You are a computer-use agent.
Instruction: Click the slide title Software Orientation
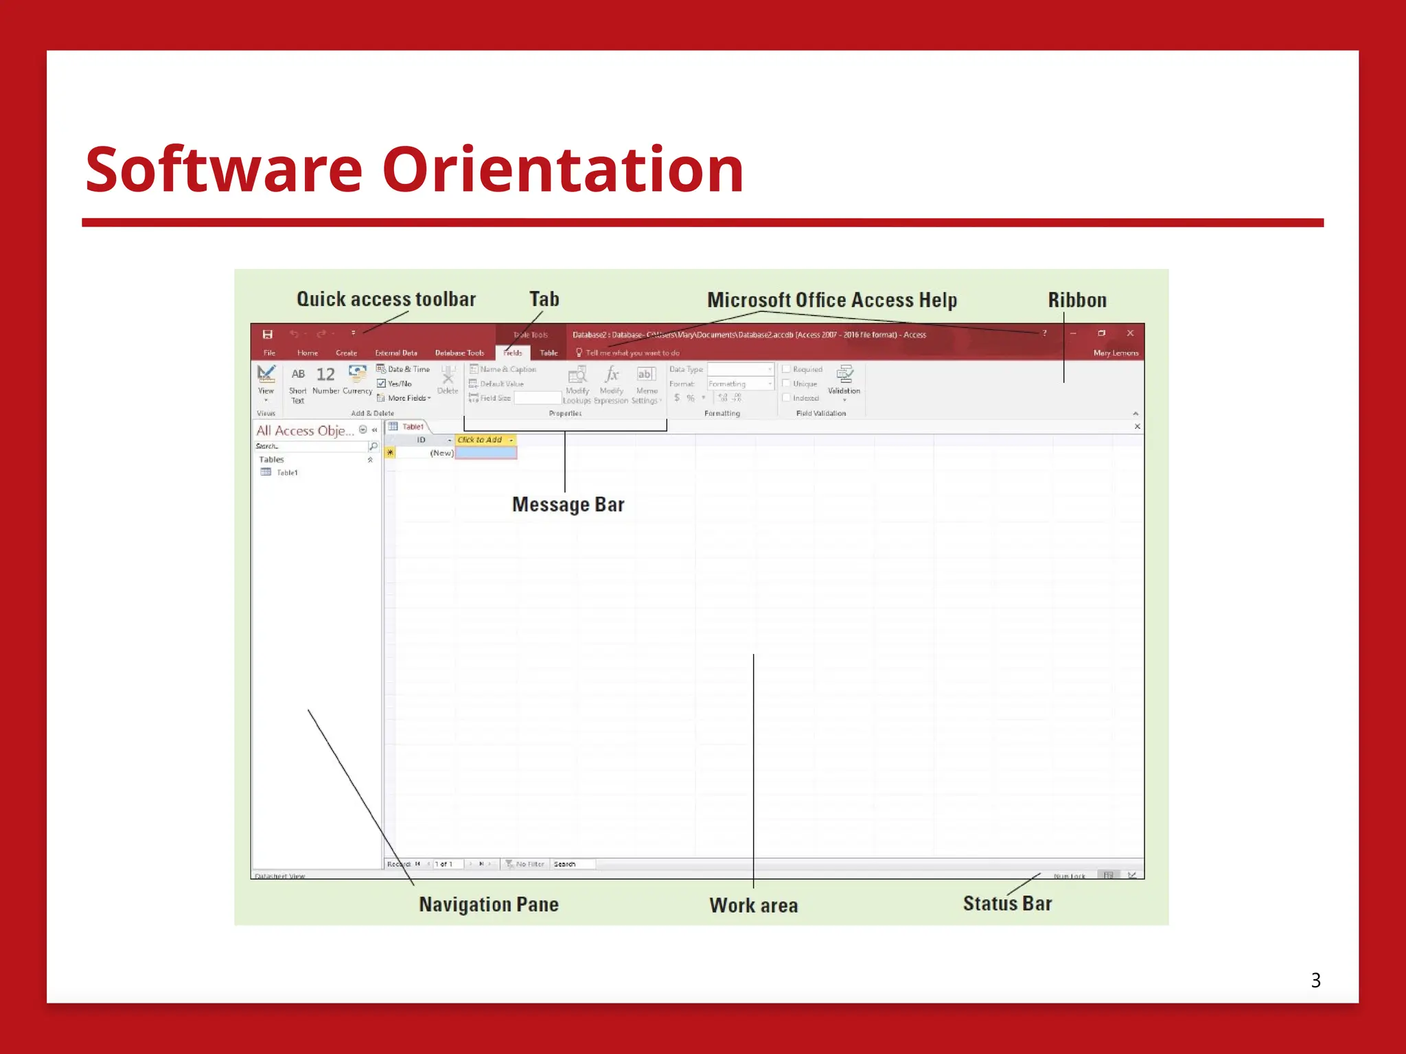point(415,169)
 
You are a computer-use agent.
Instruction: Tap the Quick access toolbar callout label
point(386,299)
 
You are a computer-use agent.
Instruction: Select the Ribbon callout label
point(1076,300)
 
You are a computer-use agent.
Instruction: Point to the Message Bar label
point(568,504)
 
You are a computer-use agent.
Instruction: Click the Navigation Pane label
point(489,904)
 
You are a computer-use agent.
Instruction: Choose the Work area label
point(753,905)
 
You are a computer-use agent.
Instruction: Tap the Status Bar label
point(1007,903)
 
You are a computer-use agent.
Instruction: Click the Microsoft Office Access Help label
point(831,300)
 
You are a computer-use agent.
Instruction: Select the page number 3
point(1315,980)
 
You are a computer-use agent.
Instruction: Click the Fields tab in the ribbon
point(512,353)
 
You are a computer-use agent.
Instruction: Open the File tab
point(269,353)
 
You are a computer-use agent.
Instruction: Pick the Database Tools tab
point(459,353)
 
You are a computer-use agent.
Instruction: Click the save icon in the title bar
point(268,334)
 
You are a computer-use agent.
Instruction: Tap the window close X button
point(1130,333)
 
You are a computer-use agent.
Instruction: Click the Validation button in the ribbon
point(844,379)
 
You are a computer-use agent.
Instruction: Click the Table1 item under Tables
point(286,473)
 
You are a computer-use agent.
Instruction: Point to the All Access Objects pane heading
point(305,430)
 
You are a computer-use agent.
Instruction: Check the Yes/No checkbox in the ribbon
point(381,384)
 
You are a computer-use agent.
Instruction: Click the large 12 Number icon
point(325,375)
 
